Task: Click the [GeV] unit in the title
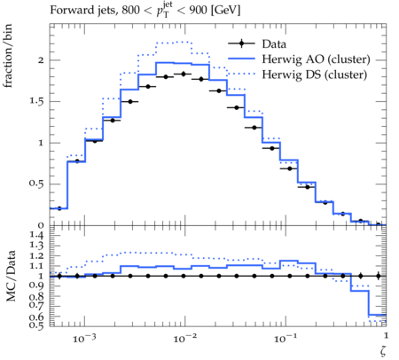[x=226, y=11]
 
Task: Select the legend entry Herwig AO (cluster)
[x=316, y=59]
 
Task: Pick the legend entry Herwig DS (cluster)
[x=315, y=74]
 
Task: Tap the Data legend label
[x=274, y=44]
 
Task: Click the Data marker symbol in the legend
[x=241, y=43]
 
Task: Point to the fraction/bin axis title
[x=7, y=55]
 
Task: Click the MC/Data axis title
[x=11, y=276]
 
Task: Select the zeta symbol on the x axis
[x=383, y=350]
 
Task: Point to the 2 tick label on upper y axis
[x=41, y=60]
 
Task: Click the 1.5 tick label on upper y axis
[x=36, y=101]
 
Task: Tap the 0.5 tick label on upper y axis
[x=36, y=184]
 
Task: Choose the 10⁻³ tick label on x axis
[x=84, y=338]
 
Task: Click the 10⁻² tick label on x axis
[x=184, y=338]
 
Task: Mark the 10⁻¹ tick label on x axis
[x=286, y=338]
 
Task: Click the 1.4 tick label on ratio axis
[x=36, y=235]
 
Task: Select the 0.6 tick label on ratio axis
[x=36, y=317]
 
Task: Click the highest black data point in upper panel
[x=184, y=74]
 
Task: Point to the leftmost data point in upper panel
[x=59, y=208]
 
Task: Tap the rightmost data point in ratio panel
[x=378, y=276]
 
